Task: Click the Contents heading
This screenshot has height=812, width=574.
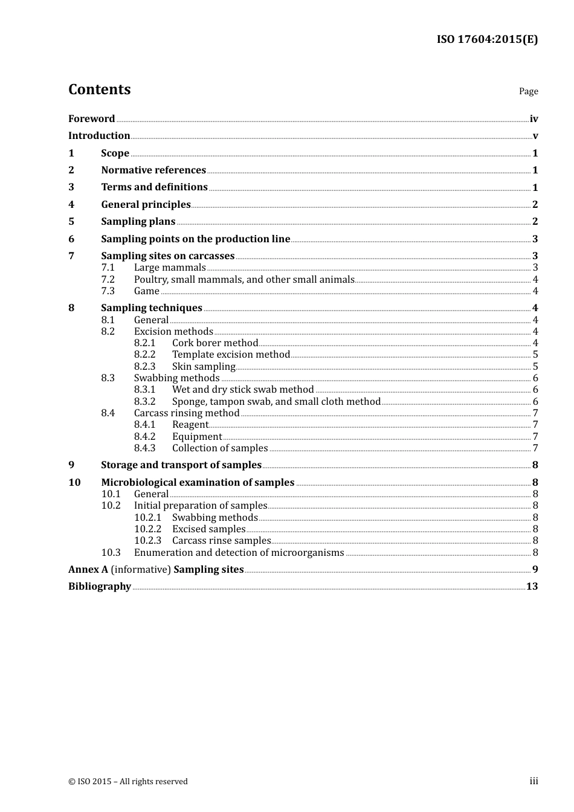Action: (99, 89)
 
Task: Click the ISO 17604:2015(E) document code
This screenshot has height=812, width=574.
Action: (487, 40)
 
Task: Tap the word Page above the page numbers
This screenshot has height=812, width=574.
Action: (528, 91)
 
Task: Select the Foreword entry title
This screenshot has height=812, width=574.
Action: (91, 119)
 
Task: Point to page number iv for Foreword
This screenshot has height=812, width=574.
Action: (534, 119)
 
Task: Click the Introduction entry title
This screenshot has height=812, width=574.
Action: (99, 136)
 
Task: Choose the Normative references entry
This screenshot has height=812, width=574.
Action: (153, 170)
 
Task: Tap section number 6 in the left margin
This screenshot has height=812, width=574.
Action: (71, 239)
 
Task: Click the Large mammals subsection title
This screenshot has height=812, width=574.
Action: (170, 268)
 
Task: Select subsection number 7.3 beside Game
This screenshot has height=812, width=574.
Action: (108, 291)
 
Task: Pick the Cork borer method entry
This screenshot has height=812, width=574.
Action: (215, 343)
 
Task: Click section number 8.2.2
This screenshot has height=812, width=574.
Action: (144, 355)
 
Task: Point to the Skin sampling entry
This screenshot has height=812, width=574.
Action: (204, 367)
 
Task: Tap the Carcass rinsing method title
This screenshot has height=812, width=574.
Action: (187, 413)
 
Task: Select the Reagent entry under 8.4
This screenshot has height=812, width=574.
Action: (190, 425)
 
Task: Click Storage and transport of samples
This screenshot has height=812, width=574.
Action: (181, 465)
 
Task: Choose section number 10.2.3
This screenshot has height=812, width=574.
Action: (147, 541)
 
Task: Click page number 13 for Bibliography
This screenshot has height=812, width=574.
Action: (532, 587)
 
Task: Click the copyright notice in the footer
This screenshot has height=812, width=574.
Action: (128, 782)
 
